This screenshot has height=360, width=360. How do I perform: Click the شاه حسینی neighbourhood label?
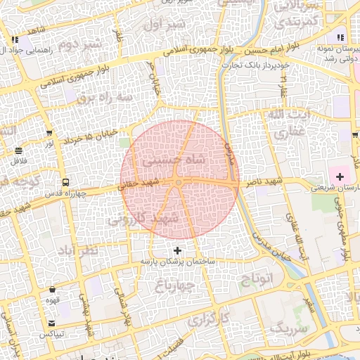tap(174, 161)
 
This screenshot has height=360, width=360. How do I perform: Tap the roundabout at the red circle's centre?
tap(180, 184)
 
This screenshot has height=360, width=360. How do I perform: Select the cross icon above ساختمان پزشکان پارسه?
tap(177, 250)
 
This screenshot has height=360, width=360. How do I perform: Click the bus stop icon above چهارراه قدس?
tap(65, 181)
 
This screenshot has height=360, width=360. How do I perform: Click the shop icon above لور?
tap(49, 133)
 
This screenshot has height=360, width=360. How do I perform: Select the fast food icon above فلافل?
tap(18, 150)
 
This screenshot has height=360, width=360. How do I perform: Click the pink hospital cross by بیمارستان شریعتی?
tap(340, 176)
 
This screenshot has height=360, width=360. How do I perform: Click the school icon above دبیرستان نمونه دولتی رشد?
tap(340, 38)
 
